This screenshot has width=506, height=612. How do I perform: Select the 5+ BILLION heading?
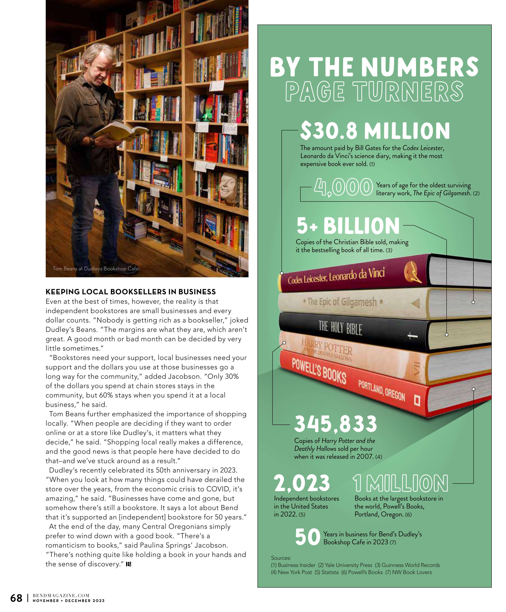(348, 226)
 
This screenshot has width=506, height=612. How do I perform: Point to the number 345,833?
(335, 424)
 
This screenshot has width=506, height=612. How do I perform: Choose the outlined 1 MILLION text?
(400, 483)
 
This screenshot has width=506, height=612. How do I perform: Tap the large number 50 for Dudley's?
(308, 537)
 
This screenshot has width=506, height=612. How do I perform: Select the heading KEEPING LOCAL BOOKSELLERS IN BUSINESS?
(131, 292)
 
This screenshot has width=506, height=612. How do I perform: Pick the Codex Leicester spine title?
(336, 275)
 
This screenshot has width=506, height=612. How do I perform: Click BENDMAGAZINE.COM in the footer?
(61, 595)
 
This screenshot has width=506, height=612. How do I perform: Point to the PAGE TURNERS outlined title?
(374, 92)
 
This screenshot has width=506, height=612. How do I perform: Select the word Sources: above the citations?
(281, 558)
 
